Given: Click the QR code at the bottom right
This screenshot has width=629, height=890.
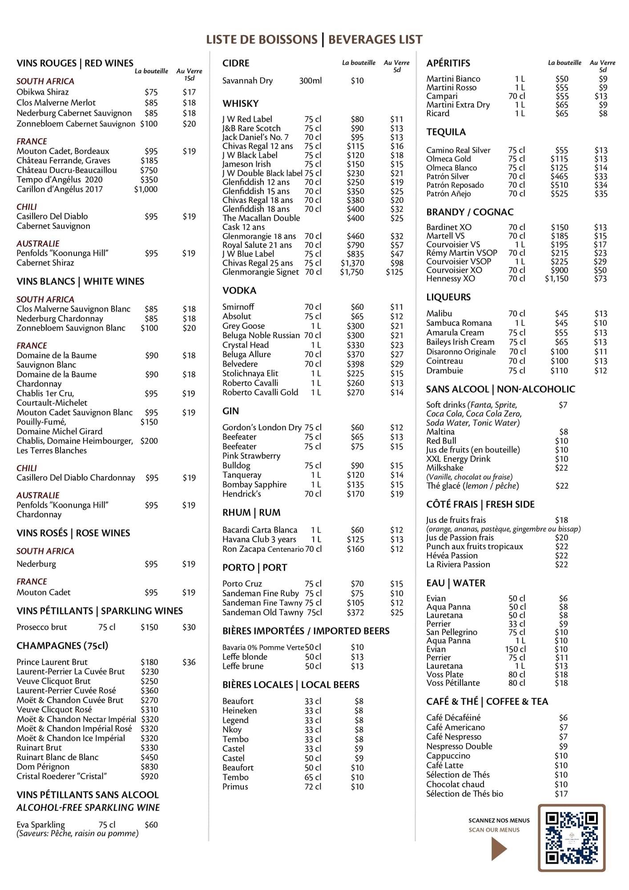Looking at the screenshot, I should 572,838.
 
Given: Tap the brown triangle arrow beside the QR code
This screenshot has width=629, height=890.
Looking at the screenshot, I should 499,849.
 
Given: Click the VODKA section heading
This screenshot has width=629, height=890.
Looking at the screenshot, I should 239,291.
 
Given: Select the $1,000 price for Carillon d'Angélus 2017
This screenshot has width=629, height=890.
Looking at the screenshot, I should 146,189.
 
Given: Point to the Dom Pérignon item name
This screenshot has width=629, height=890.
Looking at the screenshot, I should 43,767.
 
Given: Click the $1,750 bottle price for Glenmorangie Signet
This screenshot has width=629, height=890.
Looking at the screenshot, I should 351,272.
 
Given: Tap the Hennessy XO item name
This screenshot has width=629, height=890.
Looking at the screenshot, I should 450,279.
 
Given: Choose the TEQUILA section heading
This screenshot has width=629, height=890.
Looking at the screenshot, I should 446,132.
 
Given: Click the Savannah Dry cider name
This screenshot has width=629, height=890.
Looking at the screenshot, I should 247,81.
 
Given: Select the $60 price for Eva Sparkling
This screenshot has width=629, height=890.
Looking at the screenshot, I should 151,825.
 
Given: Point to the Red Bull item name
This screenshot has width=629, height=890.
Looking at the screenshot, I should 441,441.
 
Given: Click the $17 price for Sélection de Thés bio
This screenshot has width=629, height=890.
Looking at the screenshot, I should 561,793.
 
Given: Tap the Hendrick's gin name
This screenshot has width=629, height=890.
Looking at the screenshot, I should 242,494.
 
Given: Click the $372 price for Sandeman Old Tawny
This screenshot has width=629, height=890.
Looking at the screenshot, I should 355,612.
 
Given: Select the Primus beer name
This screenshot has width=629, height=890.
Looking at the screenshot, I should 235,786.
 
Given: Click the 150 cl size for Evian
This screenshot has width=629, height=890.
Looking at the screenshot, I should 515,649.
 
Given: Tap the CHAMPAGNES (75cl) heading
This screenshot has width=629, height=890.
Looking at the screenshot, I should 62,646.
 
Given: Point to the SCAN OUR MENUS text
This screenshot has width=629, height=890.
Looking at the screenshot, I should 494,830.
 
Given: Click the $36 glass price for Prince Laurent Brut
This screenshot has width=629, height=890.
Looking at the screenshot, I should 189,662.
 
